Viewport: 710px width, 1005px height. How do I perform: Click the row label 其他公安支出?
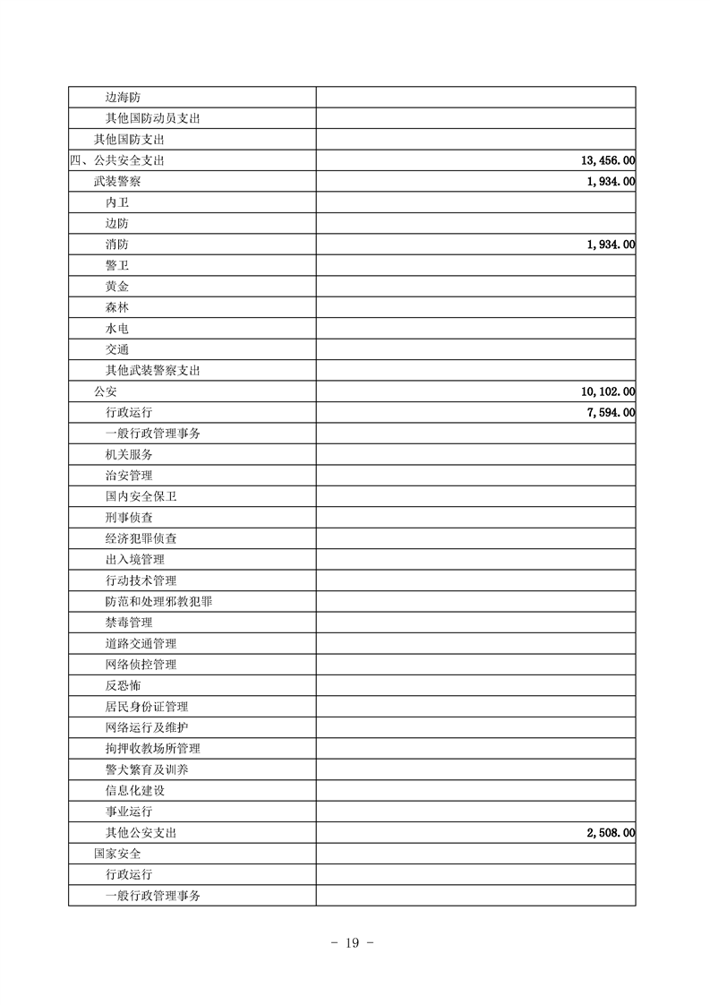pos(141,833)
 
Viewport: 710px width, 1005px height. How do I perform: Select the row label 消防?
pos(116,245)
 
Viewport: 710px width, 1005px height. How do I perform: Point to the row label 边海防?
pos(123,98)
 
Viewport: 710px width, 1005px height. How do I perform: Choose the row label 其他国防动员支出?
pos(152,119)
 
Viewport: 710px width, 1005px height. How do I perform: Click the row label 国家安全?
pos(116,854)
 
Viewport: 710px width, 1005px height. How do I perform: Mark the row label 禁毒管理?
pos(128,623)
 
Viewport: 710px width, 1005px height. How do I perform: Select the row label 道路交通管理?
pos(141,643)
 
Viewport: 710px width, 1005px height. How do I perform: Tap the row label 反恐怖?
pos(123,685)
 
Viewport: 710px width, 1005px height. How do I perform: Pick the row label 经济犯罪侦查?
pos(141,538)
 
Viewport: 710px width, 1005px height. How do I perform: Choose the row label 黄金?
pos(116,287)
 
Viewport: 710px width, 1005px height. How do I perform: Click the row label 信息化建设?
pos(134,791)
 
